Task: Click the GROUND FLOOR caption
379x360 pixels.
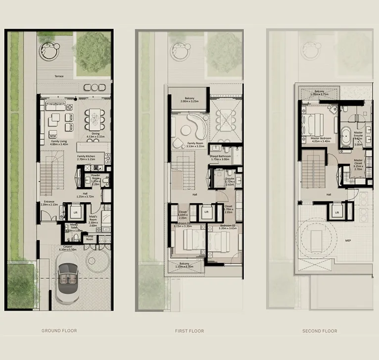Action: [x=59, y=331]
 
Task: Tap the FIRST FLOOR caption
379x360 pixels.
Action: [x=189, y=331]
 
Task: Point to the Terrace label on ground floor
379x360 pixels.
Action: [x=61, y=76]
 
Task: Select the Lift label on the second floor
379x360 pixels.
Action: [x=336, y=212]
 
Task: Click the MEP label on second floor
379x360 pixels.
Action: [x=348, y=241]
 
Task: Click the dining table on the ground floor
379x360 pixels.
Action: [x=94, y=119]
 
